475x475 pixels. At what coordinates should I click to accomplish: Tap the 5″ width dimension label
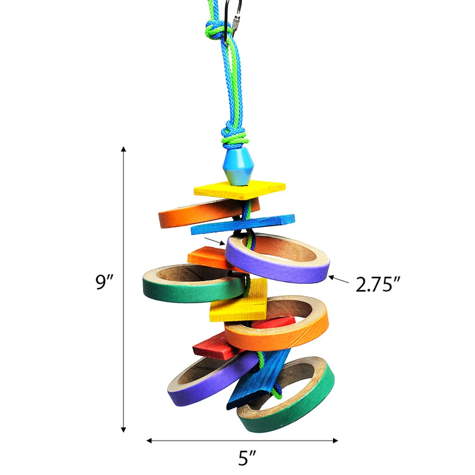247,458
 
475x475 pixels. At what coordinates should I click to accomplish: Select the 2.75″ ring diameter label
378,285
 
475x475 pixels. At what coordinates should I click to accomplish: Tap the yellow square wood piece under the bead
239,190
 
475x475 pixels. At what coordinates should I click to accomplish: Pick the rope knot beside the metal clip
215,30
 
